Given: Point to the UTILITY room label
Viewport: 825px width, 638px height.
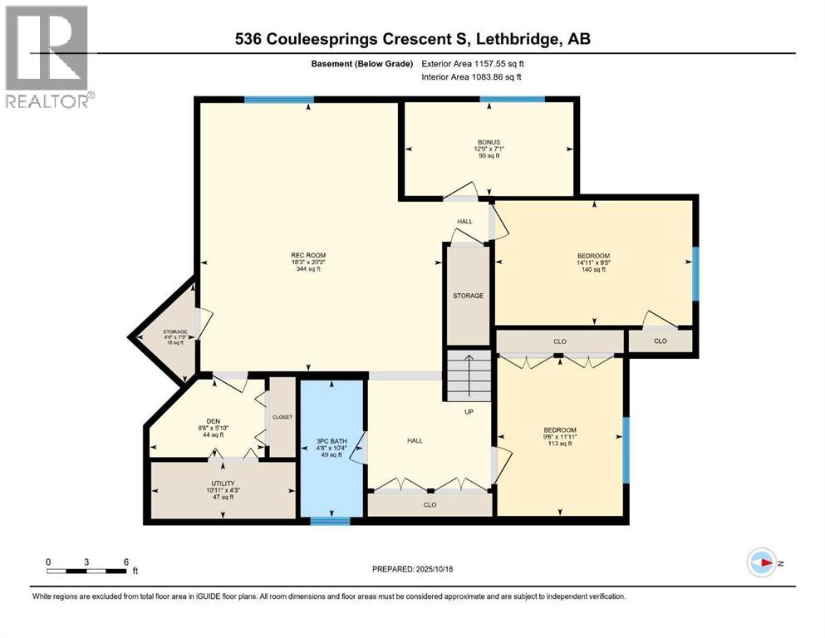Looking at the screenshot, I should pyautogui.click(x=223, y=483).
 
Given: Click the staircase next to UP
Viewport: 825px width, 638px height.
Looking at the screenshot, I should pyautogui.click(x=469, y=374).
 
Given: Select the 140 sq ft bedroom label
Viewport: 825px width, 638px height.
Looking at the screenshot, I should pyautogui.click(x=593, y=256).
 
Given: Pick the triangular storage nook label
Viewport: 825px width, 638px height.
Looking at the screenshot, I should pyautogui.click(x=175, y=332).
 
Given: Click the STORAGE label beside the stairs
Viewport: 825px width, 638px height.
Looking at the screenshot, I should pyautogui.click(x=468, y=296).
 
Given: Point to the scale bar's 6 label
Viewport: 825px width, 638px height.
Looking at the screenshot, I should pyautogui.click(x=125, y=562).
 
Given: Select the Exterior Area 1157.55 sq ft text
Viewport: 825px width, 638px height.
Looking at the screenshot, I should pyautogui.click(x=473, y=63).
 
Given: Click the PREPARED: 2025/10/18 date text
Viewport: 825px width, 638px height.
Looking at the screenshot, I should pyautogui.click(x=413, y=569).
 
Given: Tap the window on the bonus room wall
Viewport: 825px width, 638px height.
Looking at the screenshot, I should pyautogui.click(x=513, y=101).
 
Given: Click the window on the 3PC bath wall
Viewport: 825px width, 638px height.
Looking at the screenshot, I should pyautogui.click(x=331, y=521).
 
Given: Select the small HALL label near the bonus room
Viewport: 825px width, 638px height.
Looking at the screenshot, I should pyautogui.click(x=464, y=221).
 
